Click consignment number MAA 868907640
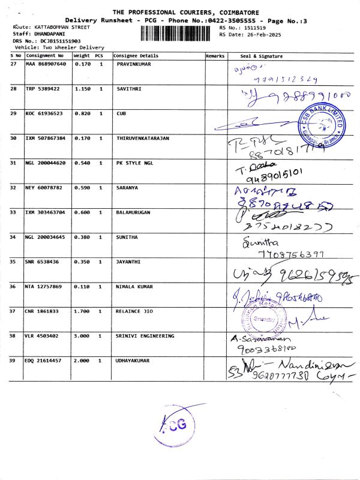click(x=46, y=64)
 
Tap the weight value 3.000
click(x=82, y=336)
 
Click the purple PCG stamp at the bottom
click(x=178, y=424)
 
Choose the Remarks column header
click(x=215, y=56)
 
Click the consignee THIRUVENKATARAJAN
click(x=143, y=138)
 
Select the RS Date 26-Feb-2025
click(x=254, y=34)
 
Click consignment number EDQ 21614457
click(x=46, y=361)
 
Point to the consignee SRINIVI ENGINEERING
click(x=145, y=336)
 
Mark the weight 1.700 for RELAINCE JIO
click(x=82, y=311)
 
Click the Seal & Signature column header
click(x=261, y=56)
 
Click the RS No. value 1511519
click(x=250, y=28)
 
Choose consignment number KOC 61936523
click(x=44, y=113)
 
